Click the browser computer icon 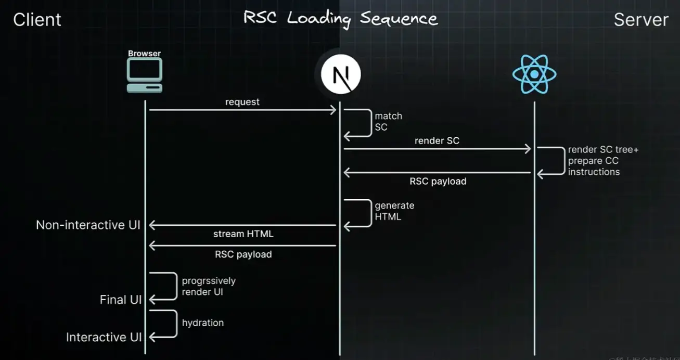pyautogui.click(x=145, y=75)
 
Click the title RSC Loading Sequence pyautogui.click(x=341, y=19)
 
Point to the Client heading pyautogui.click(x=37, y=20)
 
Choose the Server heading pyautogui.click(x=641, y=20)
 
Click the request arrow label pyautogui.click(x=242, y=102)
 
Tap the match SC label pyautogui.click(x=388, y=122)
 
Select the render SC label pyautogui.click(x=437, y=140)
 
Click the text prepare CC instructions pyautogui.click(x=594, y=166)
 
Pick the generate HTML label pyautogui.click(x=394, y=211)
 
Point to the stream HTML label pyautogui.click(x=243, y=234)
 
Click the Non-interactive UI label pyautogui.click(x=88, y=225)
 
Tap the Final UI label pyautogui.click(x=121, y=300)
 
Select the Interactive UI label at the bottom pyautogui.click(x=104, y=337)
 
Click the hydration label pyautogui.click(x=203, y=323)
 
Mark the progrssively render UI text pyautogui.click(x=209, y=286)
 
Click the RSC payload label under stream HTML pyautogui.click(x=243, y=254)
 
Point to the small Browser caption pyautogui.click(x=145, y=54)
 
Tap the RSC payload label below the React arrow pyautogui.click(x=438, y=182)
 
